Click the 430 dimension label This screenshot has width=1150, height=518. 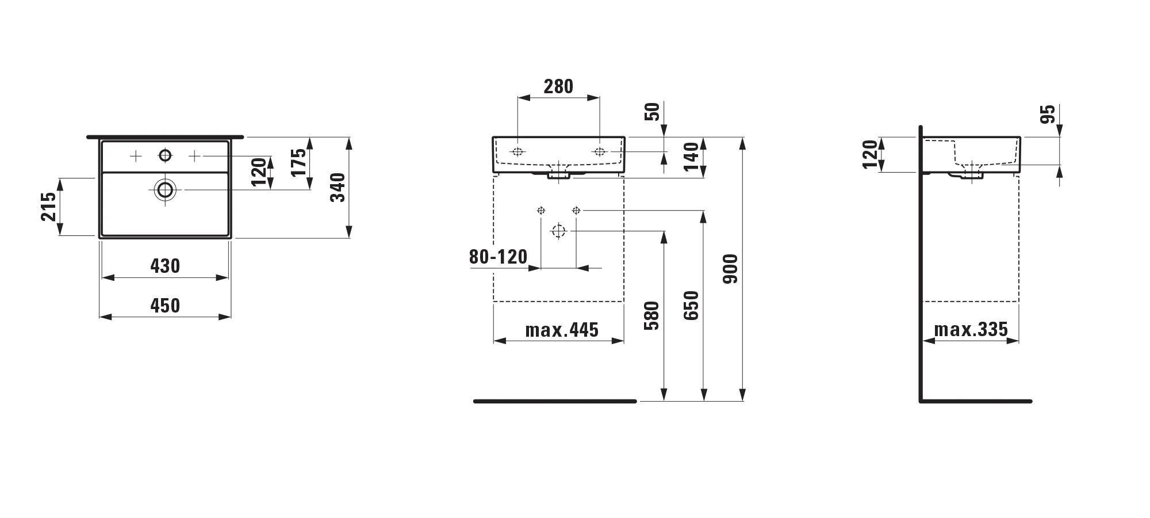tap(165, 266)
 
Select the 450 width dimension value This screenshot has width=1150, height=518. tap(165, 306)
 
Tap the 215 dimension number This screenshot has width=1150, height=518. tap(49, 207)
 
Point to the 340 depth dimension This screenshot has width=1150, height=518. tap(338, 188)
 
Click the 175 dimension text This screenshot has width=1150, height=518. tap(298, 163)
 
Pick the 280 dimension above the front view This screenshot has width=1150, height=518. tap(558, 86)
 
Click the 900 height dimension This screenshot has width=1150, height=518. tap(730, 269)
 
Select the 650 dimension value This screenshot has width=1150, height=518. tap(691, 306)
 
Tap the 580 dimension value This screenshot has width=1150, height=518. tap(651, 315)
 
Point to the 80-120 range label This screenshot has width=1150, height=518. tap(498, 257)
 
